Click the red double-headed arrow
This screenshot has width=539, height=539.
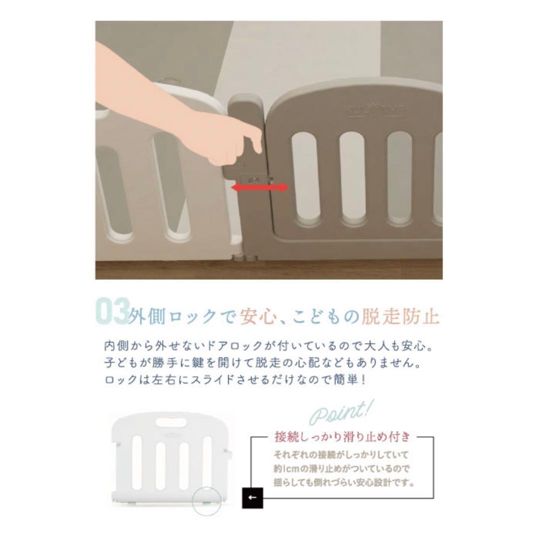tap(260, 187)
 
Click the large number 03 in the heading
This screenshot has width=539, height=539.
tap(112, 313)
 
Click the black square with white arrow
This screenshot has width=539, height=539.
tap(252, 498)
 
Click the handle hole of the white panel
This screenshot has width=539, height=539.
tap(170, 422)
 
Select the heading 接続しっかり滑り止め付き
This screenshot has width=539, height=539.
tap(342, 438)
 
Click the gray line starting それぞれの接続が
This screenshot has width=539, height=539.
tap(341, 455)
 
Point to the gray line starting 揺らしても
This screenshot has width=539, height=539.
tap(344, 483)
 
